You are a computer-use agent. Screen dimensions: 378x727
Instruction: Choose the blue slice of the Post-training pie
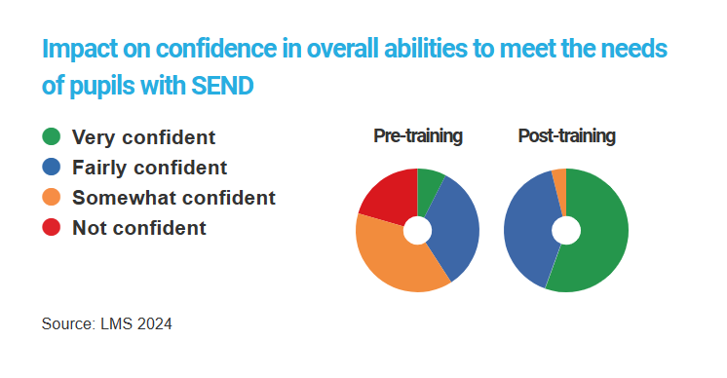pos(530,230)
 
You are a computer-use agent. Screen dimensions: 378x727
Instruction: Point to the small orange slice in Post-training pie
pos(559,178)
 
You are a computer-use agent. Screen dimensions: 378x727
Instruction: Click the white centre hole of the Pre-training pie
pos(417,231)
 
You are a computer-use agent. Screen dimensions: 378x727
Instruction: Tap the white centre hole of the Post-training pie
pos(566,231)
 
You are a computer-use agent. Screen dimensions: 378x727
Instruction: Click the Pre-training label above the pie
pos(418,136)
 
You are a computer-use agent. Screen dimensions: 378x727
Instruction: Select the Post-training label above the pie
pos(566,136)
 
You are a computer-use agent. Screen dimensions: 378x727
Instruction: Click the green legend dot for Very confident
pos(53,137)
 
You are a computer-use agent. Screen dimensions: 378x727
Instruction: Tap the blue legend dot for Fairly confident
pos(53,168)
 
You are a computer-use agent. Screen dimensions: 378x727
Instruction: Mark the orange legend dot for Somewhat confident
pos(53,198)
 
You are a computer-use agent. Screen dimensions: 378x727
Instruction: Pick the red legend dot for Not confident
pos(53,228)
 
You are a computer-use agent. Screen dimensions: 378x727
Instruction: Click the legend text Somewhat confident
pos(173,198)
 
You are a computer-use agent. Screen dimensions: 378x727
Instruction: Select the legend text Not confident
pos(139,228)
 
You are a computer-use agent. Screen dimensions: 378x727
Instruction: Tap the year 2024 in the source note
pos(153,323)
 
